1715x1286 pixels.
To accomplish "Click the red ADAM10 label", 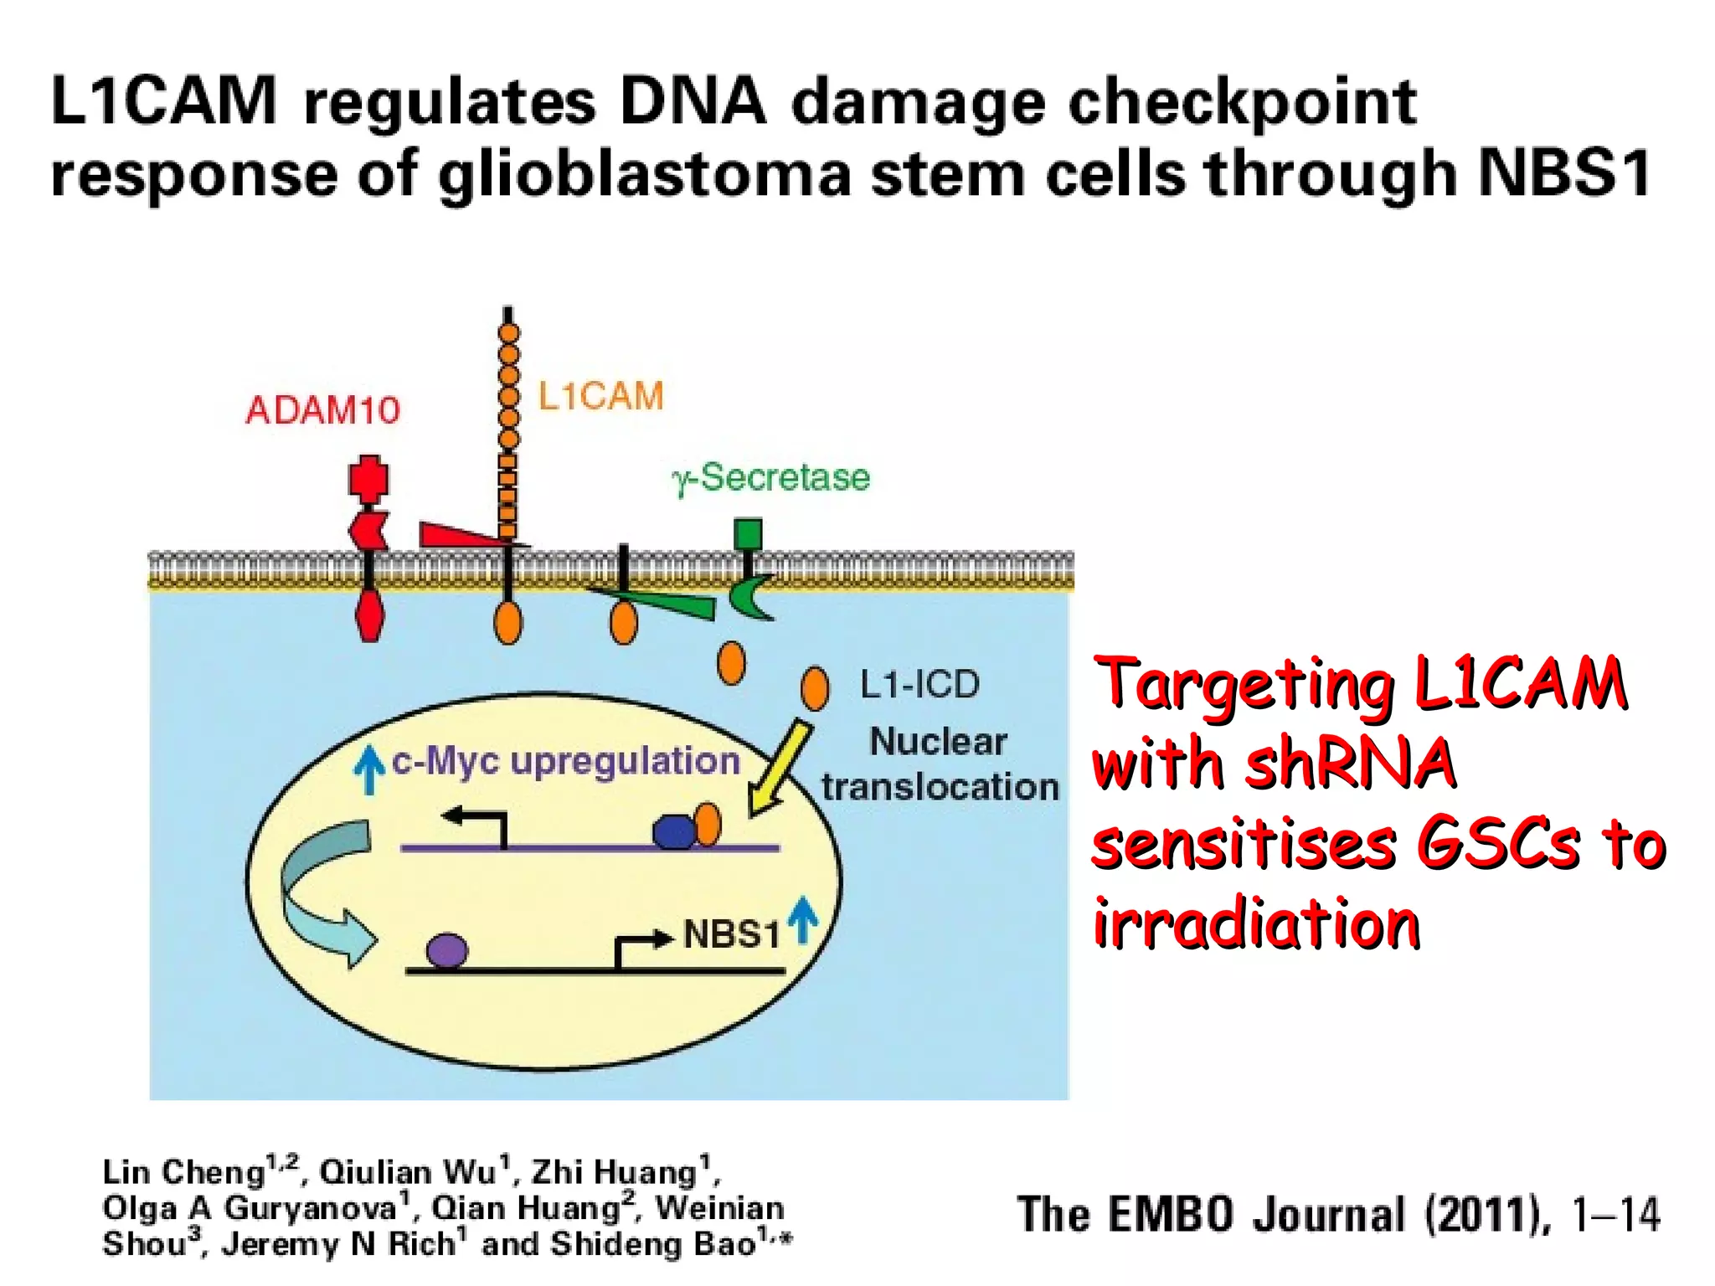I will (322, 410).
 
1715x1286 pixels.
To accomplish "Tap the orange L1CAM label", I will (600, 396).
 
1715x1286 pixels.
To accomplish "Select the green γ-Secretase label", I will (770, 478).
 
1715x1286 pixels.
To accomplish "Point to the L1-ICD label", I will (919, 685).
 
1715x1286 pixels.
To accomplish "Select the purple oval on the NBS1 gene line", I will (447, 951).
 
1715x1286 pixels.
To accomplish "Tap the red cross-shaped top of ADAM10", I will (368, 480).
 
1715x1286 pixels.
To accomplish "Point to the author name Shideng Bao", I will (653, 1244).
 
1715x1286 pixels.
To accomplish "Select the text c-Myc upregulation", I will (566, 761).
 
